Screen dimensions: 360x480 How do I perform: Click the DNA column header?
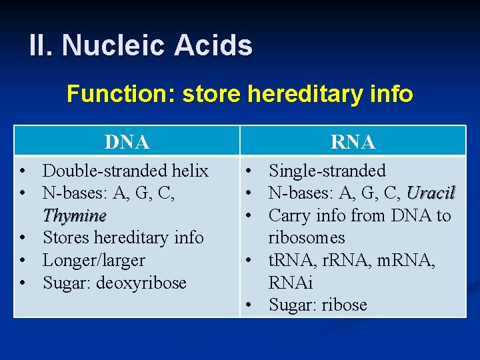127,142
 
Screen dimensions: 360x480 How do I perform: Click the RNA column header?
353,142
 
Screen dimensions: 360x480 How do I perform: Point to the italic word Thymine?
74,216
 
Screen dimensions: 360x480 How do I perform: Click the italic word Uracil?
430,193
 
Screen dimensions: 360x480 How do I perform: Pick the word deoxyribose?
142,283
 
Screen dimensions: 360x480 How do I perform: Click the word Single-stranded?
327,171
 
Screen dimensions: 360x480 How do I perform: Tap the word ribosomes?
307,238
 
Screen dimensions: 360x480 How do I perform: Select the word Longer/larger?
93,261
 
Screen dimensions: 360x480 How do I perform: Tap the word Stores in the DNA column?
65,238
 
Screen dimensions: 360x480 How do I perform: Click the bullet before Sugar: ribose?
247,305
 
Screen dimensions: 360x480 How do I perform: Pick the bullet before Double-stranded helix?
23,171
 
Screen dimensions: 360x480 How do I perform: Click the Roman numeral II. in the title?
42,46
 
